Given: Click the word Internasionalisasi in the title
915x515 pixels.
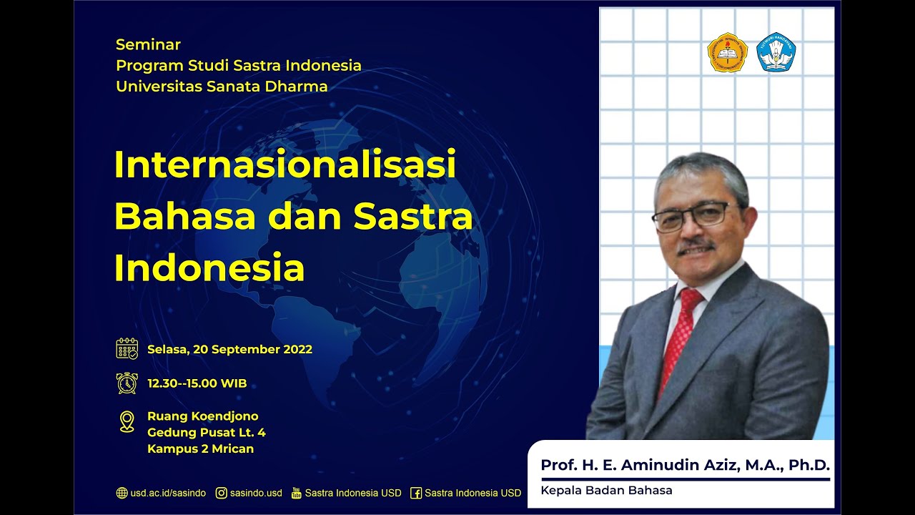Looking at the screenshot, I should pyautogui.click(x=285, y=165).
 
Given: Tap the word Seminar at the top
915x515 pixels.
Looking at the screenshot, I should pyautogui.click(x=148, y=44).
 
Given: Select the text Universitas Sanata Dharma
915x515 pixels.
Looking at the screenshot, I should pyautogui.click(x=222, y=87).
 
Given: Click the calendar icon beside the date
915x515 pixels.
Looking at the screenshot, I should pyautogui.click(x=127, y=349).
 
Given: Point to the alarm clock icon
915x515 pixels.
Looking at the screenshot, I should pyautogui.click(x=127, y=383).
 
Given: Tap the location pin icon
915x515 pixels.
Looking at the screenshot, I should pyautogui.click(x=127, y=421).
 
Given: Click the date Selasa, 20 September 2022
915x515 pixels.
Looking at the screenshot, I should pyautogui.click(x=229, y=350).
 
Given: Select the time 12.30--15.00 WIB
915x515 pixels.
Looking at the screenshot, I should pyautogui.click(x=197, y=383).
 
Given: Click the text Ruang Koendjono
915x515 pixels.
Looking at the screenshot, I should pyautogui.click(x=202, y=416).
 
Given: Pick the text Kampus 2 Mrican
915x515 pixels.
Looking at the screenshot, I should pyautogui.click(x=200, y=449).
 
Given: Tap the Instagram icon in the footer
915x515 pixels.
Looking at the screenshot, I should pyautogui.click(x=222, y=493).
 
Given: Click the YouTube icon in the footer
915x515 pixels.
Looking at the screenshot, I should pyautogui.click(x=297, y=493).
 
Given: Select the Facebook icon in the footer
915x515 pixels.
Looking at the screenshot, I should pyautogui.click(x=416, y=493).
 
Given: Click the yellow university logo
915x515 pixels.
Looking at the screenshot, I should pyautogui.click(x=727, y=52).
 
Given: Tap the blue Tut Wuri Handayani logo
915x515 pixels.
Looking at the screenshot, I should pyautogui.click(x=776, y=52).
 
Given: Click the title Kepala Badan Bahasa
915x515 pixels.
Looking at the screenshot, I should pyautogui.click(x=606, y=490).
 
